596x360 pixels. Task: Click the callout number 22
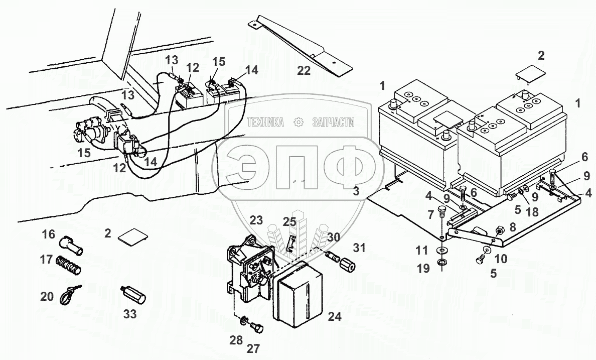pyautogui.click(x=304, y=70)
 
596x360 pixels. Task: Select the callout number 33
pyautogui.click(x=129, y=315)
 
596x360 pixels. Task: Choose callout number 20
pyautogui.click(x=47, y=296)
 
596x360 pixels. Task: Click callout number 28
pyautogui.click(x=235, y=341)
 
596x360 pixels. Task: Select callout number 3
pyautogui.click(x=356, y=191)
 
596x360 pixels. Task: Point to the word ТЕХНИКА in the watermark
pyautogui.click(x=265, y=122)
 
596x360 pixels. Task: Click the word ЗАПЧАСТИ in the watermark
pyautogui.click(x=333, y=122)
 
